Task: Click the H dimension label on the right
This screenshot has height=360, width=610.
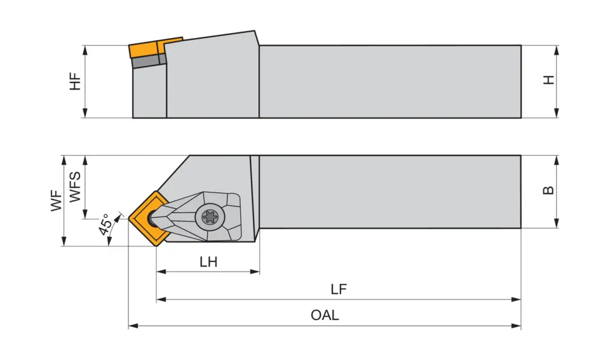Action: [550, 80]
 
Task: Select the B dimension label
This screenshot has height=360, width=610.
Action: [550, 190]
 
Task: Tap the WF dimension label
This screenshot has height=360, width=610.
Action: [57, 201]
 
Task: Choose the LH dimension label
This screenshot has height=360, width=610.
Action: [208, 262]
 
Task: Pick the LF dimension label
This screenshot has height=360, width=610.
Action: [339, 290]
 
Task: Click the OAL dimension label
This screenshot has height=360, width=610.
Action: [325, 316]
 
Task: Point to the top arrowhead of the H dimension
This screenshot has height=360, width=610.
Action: [557, 49]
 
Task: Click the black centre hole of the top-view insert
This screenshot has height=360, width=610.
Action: [153, 219]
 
